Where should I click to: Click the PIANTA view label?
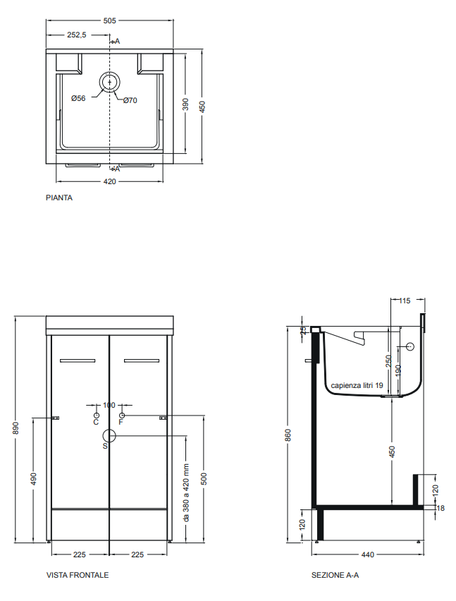(59, 198)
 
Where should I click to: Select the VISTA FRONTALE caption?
(78, 575)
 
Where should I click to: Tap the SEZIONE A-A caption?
(335, 575)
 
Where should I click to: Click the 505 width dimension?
(109, 20)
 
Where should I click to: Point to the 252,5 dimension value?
(77, 35)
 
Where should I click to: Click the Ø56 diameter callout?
(78, 99)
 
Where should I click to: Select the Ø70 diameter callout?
(130, 100)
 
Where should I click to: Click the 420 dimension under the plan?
(109, 182)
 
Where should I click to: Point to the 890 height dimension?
(16, 428)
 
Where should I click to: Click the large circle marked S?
(109, 436)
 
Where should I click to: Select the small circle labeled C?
(96, 415)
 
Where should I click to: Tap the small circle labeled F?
(122, 415)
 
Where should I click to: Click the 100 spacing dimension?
(109, 405)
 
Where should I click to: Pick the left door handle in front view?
(78, 360)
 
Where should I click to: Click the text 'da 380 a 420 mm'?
(187, 492)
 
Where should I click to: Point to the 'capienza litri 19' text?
(357, 385)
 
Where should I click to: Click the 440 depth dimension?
(368, 554)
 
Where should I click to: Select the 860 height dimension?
(288, 435)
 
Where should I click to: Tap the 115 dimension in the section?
(405, 301)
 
